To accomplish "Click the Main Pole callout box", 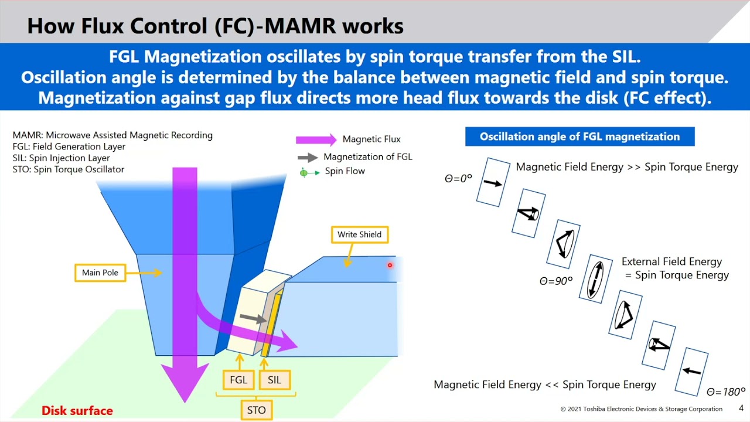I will point(100,273).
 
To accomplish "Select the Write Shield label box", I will point(359,234).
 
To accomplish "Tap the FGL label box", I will point(238,380).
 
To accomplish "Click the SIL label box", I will point(274,380).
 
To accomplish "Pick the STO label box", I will point(256,410).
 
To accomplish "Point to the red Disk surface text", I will point(77,410).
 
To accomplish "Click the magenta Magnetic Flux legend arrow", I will point(316,139).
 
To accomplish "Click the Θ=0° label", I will point(458,179).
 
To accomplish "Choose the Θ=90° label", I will point(555,281).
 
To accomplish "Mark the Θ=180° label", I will point(725,392).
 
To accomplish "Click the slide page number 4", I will point(741,408).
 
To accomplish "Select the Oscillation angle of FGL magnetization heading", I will point(579,137).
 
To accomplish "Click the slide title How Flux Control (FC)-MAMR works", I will point(215,26).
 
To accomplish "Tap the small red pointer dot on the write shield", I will point(390,266).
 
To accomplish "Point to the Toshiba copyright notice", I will point(641,409).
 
